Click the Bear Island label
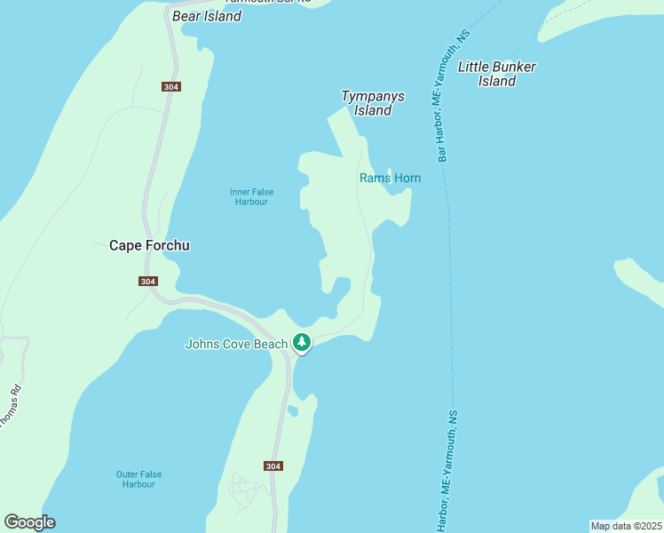[207, 16]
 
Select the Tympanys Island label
[373, 103]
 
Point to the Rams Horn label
[390, 179]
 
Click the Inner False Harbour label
[251, 196]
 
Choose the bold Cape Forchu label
[149, 246]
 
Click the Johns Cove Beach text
[236, 344]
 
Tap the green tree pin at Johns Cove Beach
[302, 341]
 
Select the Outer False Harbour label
[138, 479]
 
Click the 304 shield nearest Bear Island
[172, 86]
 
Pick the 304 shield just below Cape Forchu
[148, 282]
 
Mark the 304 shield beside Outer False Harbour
[273, 465]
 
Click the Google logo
[29, 522]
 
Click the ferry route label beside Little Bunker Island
[452, 98]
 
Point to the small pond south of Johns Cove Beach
[293, 410]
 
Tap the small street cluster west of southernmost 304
[242, 488]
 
